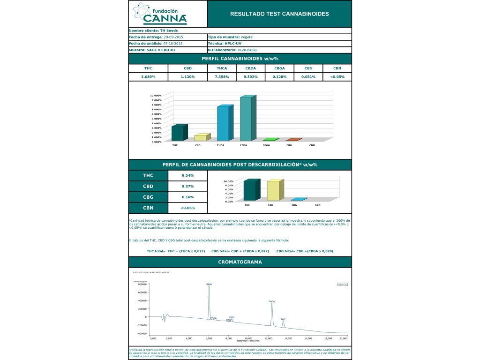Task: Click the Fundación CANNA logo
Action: pos(160,14)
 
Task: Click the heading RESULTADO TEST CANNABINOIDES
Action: pos(279,14)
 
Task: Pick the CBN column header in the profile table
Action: pos(337,68)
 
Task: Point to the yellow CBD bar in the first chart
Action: pos(200,137)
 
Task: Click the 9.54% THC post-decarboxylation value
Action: pos(187,176)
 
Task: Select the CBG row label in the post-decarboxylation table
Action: pos(148,197)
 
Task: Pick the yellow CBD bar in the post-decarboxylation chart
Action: pos(273,190)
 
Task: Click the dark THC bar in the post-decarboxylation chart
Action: pos(250,190)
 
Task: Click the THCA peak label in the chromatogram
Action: pos(271,301)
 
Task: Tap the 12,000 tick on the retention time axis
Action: pos(269,338)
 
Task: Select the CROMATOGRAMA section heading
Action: pos(240,262)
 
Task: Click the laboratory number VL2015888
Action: pos(247,50)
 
